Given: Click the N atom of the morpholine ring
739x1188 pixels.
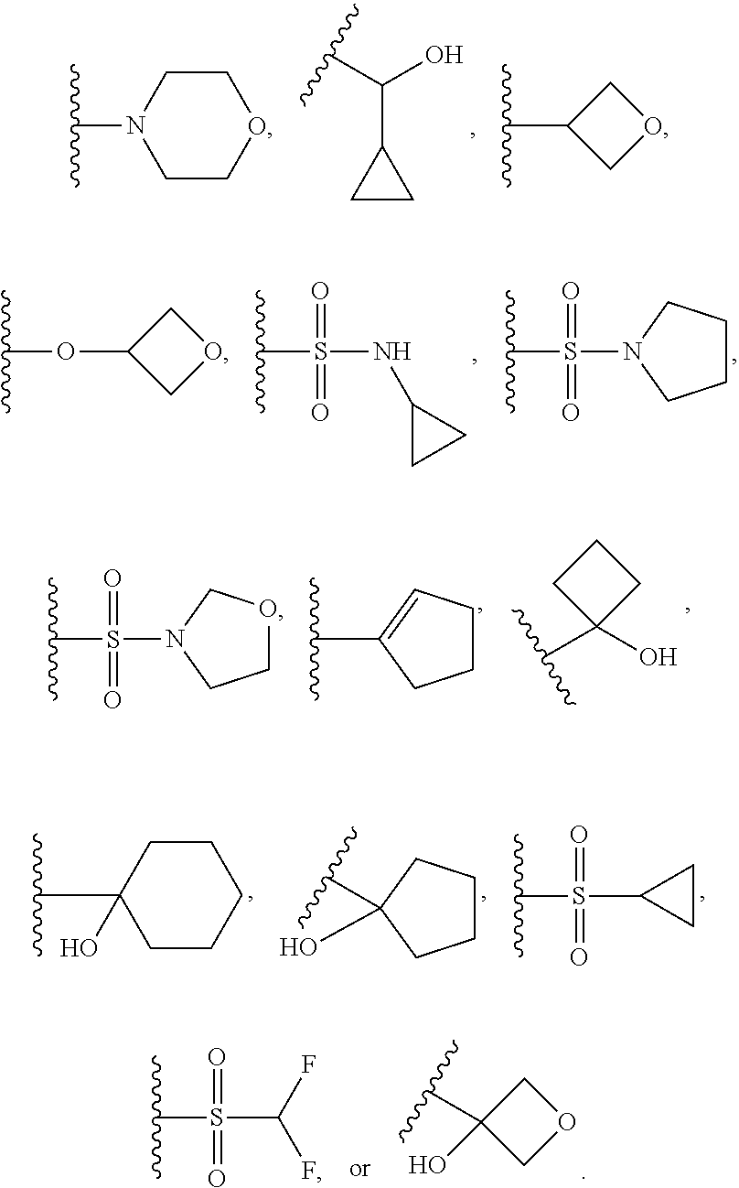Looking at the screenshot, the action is coord(135,124).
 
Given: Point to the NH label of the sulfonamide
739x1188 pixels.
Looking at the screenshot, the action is coord(391,351).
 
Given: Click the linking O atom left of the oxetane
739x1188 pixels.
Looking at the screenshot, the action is coord(65,351).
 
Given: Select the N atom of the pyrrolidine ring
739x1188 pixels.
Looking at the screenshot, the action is coord(631,351).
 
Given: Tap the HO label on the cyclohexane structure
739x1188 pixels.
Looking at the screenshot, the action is coord(80,948).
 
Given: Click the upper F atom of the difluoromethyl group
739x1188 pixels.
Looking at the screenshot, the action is coord(307,1065).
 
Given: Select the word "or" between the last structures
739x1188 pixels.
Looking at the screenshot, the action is coord(360,1169).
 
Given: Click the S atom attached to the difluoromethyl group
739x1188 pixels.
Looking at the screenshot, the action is coord(217,1118).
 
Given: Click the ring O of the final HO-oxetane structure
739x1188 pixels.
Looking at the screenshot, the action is coord(566,1122).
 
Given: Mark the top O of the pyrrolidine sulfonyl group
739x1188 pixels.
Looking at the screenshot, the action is coord(571,292).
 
